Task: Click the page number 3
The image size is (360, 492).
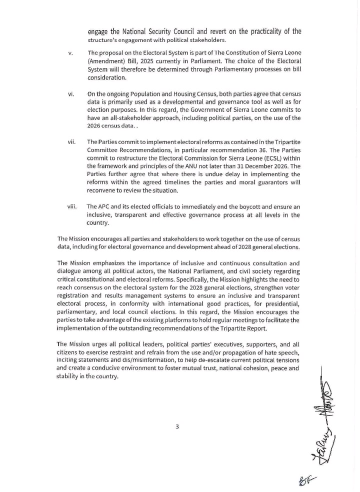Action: point(177,426)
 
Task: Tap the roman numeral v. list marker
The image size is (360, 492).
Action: point(70,53)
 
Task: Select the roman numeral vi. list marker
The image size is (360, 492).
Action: point(71,93)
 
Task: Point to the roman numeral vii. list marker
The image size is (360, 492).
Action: point(71,142)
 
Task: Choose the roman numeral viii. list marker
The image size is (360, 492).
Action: point(72,206)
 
